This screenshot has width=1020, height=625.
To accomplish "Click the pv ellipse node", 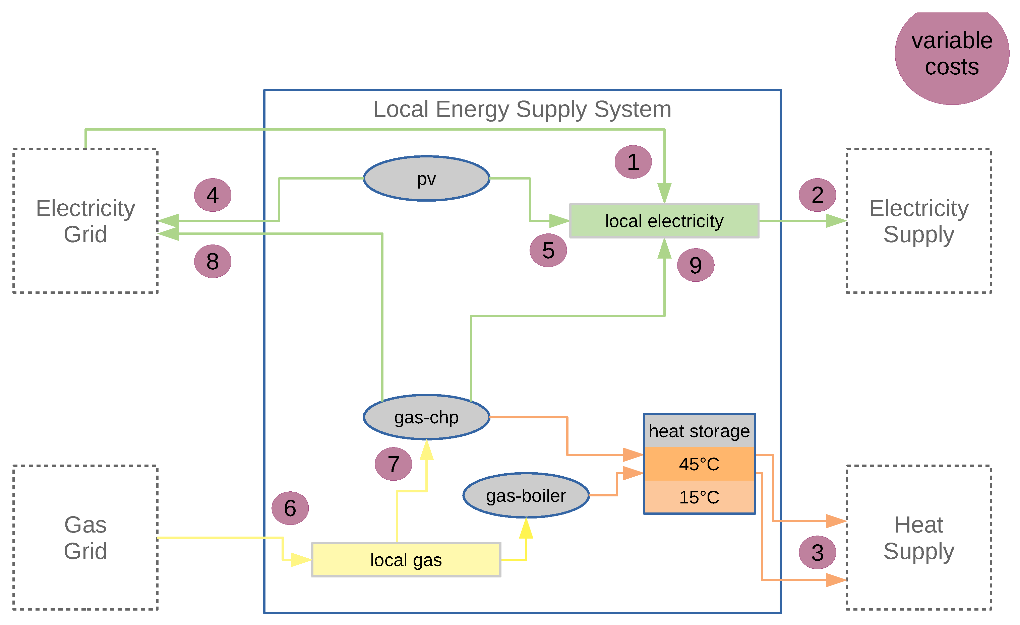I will (x=426, y=179).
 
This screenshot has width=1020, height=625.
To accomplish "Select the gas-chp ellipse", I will (x=426, y=417).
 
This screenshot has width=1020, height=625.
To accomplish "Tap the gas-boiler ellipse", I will (x=526, y=495).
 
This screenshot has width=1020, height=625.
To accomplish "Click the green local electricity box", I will (x=664, y=221).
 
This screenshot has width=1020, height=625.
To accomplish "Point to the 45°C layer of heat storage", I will (x=699, y=464).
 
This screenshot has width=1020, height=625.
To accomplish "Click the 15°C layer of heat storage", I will (x=699, y=497).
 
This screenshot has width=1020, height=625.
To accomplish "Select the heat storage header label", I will (x=699, y=431).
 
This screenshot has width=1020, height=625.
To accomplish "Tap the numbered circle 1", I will (x=633, y=162).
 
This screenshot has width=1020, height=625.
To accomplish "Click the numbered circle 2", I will (x=817, y=195).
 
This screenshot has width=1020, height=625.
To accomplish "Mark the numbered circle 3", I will (x=817, y=553).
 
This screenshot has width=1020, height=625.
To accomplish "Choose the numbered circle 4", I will (x=213, y=195).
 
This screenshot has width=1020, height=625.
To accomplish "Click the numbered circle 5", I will (x=548, y=250).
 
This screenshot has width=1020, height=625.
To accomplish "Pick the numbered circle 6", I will (x=290, y=508).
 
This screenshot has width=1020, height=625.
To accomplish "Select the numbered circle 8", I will (x=213, y=261).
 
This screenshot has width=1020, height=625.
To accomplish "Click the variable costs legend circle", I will (x=952, y=54).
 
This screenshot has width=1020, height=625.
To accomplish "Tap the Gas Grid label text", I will (x=85, y=538).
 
